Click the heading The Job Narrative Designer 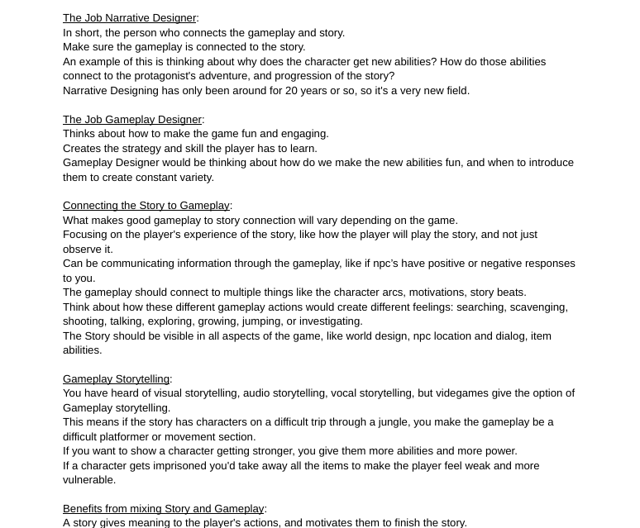[129, 18]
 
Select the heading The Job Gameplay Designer [131, 120]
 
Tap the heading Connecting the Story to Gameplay [146, 206]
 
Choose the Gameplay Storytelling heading [116, 379]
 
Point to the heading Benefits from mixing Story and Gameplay [163, 509]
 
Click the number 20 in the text [292, 91]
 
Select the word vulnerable [89, 480]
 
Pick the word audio [257, 393]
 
